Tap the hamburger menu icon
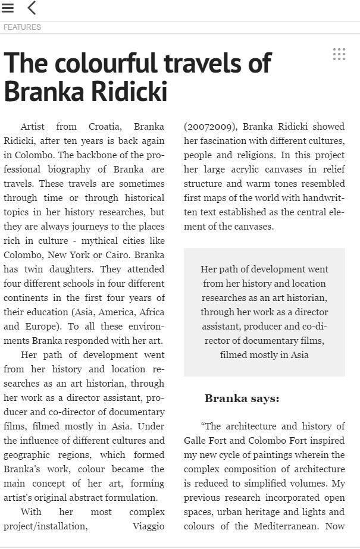[x=8, y=8]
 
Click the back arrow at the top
[x=32, y=8]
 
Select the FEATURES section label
[x=22, y=27]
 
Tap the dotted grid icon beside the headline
[x=339, y=54]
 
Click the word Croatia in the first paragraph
[x=105, y=127]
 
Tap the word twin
[x=43, y=269]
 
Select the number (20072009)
[x=210, y=127]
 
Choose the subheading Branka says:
[x=242, y=399]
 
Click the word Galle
[x=198, y=441]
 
